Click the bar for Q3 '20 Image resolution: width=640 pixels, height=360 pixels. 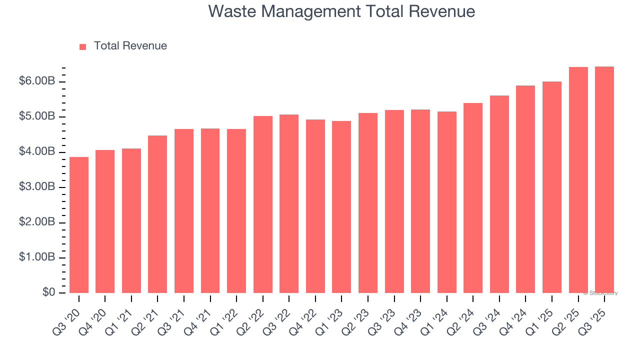pyautogui.click(x=79, y=225)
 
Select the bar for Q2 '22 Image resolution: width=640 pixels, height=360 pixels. pyautogui.click(x=263, y=204)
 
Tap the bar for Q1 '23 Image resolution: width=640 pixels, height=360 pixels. pyautogui.click(x=341, y=207)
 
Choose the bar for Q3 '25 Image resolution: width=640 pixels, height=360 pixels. pyautogui.click(x=604, y=180)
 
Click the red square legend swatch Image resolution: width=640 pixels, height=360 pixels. pyautogui.click(x=83, y=46)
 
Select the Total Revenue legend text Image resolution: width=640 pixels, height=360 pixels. pyautogui.click(x=130, y=46)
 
